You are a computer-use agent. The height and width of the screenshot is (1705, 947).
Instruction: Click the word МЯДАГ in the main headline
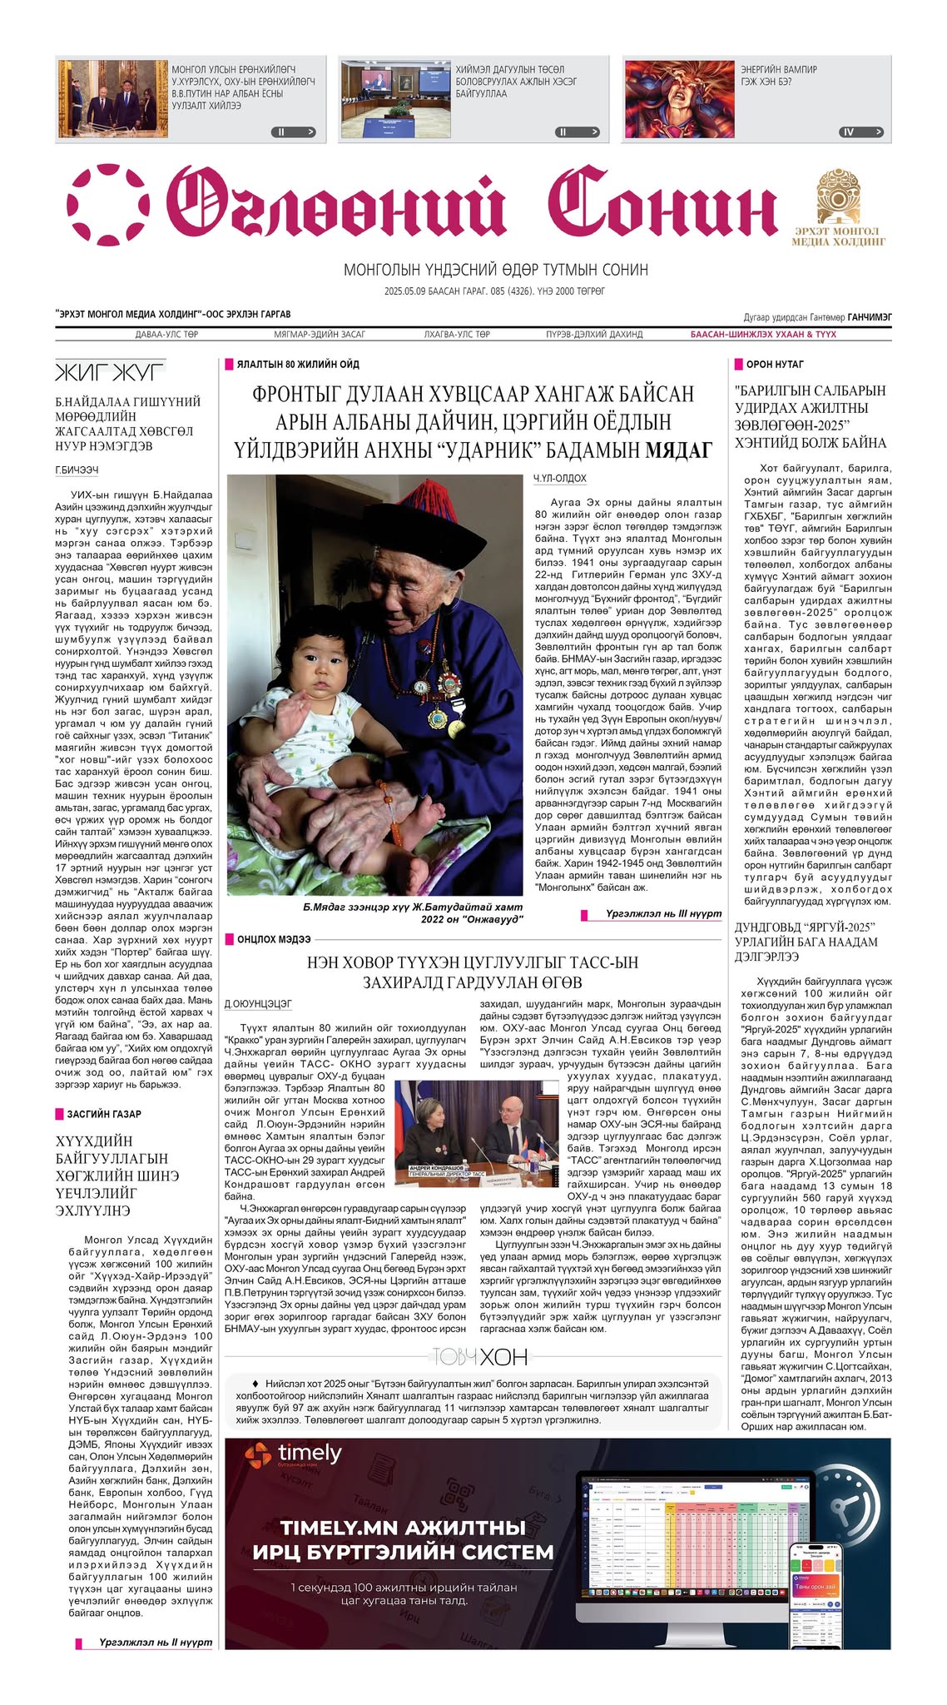pos(678,451)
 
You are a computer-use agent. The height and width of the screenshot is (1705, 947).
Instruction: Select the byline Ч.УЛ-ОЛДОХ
pos(560,479)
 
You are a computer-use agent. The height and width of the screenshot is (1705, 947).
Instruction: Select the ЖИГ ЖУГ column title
pos(110,370)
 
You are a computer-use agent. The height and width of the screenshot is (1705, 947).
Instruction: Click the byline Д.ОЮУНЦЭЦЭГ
pos(258,1004)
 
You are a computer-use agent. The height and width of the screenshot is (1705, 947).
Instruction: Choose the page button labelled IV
pos(861,132)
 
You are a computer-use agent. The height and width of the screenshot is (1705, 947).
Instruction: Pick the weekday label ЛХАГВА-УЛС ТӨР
pos(457,335)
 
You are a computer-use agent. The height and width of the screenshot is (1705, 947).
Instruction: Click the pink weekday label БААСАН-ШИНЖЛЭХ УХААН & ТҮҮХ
pos(763,335)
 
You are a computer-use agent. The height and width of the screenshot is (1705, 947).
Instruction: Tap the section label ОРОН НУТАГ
pos(774,365)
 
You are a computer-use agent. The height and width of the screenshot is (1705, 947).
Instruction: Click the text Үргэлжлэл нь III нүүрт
pos(663,913)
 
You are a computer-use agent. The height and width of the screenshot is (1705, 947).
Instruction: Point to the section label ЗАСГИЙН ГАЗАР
pos(104,1114)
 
